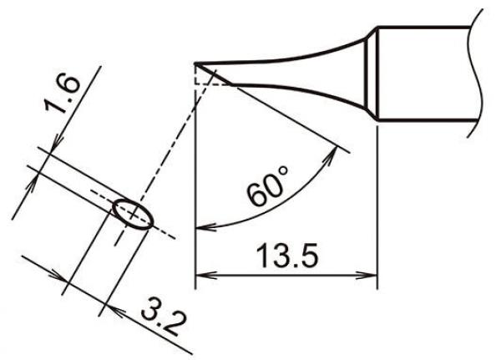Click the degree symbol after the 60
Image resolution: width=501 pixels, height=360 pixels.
point(283,172)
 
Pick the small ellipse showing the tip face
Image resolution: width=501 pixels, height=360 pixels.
point(132,213)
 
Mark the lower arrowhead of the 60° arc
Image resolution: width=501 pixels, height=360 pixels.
point(201,226)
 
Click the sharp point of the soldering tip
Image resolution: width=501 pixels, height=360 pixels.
point(195,63)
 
